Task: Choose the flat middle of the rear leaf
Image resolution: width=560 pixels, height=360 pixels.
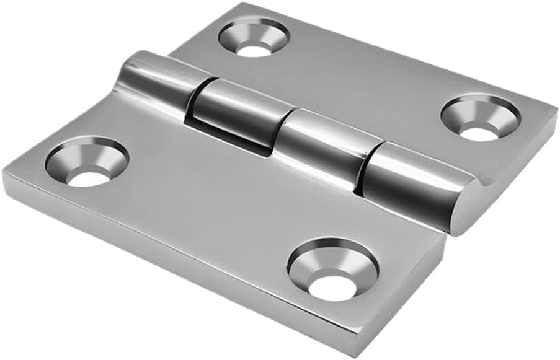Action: coord(366,81)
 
